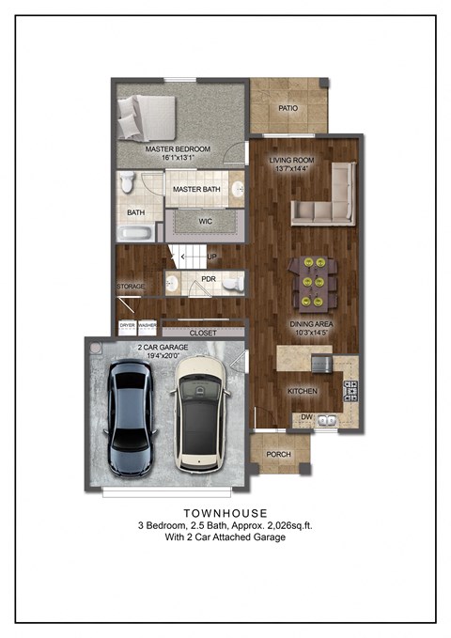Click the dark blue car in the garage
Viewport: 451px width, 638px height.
click(132, 418)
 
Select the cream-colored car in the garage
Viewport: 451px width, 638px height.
click(199, 413)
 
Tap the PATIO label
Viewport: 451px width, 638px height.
click(288, 108)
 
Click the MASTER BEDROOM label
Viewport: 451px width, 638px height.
click(178, 149)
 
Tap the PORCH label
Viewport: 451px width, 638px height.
click(279, 455)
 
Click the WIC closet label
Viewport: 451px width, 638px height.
click(207, 222)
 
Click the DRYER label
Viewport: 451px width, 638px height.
click(127, 325)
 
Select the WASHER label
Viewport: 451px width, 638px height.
click(147, 325)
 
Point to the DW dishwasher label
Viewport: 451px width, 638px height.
click(306, 417)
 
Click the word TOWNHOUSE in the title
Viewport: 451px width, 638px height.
click(224, 513)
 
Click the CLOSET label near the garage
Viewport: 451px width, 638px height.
click(203, 333)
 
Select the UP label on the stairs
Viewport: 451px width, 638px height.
click(211, 257)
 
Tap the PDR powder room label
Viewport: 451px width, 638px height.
click(209, 279)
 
